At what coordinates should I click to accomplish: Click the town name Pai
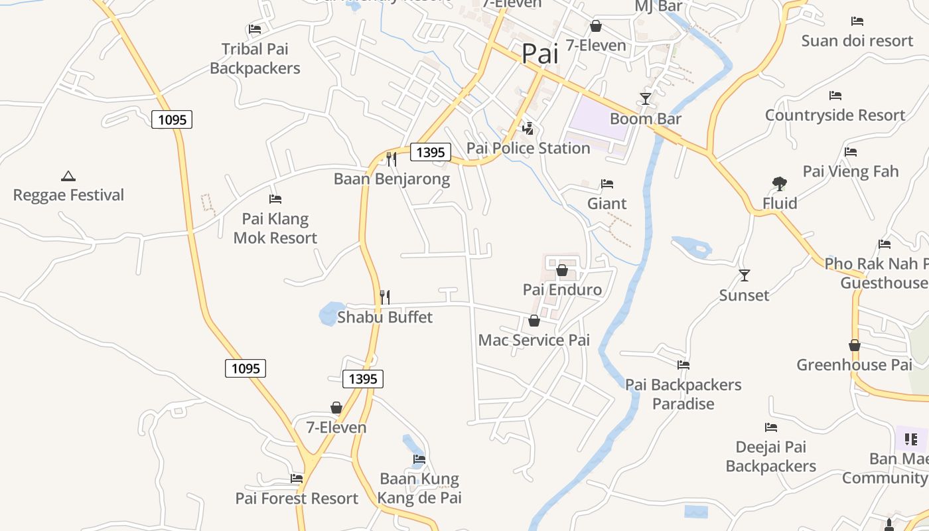[540, 54]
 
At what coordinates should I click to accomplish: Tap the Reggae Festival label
[69, 195]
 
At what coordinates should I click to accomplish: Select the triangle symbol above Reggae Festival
[68, 176]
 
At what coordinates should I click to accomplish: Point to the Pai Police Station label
[528, 148]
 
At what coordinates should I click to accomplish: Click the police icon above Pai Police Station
[528, 128]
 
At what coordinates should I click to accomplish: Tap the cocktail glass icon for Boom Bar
[645, 99]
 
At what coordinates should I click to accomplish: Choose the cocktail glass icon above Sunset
[745, 275]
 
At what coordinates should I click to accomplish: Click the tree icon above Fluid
[780, 183]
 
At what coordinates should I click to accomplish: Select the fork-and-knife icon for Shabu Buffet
[385, 297]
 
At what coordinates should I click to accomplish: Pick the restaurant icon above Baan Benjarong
[392, 159]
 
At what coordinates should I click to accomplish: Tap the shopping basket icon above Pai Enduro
[562, 270]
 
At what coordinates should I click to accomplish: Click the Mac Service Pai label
[534, 341]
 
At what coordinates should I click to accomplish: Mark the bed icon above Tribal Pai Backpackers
[254, 29]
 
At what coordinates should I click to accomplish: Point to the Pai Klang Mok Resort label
[275, 228]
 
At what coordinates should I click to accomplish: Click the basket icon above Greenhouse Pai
[855, 345]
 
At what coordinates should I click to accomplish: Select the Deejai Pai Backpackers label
[771, 457]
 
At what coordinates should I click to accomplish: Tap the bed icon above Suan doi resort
[857, 21]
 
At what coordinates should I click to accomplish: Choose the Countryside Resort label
[835, 115]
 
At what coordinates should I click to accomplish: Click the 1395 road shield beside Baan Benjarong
[431, 152]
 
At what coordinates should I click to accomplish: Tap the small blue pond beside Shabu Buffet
[328, 314]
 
